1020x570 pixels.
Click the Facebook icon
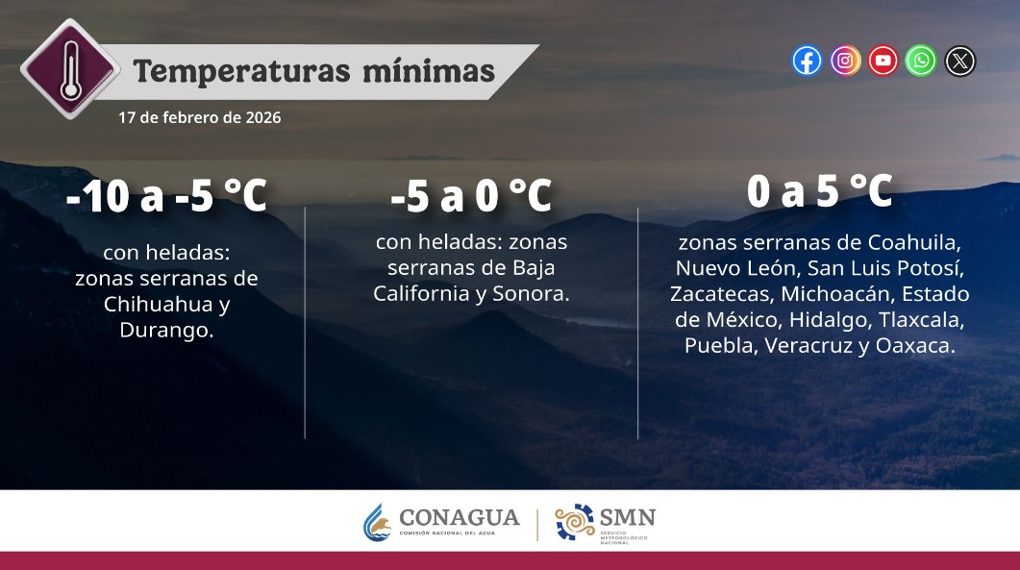point(807,62)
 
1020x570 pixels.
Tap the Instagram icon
point(845,62)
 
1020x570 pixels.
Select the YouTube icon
point(883,62)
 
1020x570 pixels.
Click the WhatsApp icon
point(921,62)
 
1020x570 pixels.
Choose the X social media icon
point(959,62)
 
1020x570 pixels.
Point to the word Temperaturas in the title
point(236,71)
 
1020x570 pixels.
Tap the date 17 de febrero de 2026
point(200,117)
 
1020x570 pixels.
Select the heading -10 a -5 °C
point(166,197)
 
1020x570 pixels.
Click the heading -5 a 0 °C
point(471,197)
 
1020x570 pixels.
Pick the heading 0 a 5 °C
point(819,192)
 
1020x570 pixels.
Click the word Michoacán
point(847,292)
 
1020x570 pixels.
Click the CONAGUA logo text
point(459,518)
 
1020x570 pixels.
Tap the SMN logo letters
point(627,518)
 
